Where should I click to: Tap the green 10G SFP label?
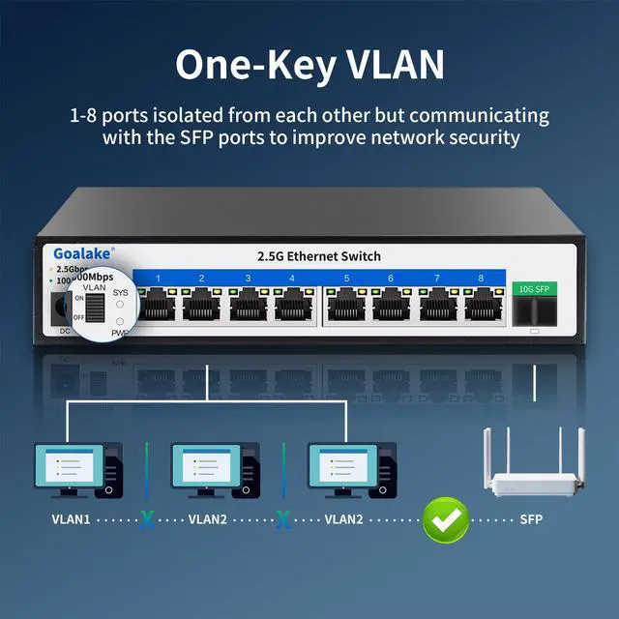(x=533, y=288)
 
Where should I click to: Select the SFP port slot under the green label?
(x=533, y=310)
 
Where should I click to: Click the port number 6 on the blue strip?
(x=391, y=279)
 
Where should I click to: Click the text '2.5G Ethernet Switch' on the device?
(x=319, y=256)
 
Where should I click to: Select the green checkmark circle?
(x=446, y=519)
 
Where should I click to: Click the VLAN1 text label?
(x=71, y=519)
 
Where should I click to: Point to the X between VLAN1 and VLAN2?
(x=146, y=519)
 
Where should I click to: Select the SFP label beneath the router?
(x=531, y=519)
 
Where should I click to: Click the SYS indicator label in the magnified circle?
(x=120, y=290)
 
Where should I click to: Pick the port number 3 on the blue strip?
(x=248, y=279)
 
